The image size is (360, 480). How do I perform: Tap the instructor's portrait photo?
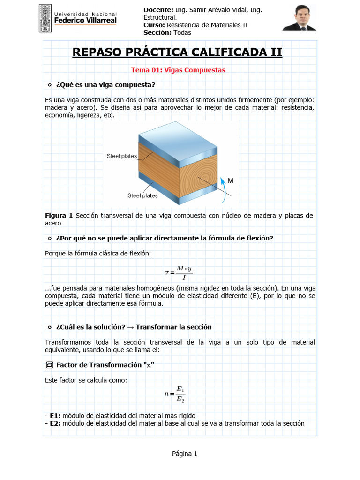pos(300,18)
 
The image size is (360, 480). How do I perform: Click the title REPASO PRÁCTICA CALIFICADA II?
pos(177,52)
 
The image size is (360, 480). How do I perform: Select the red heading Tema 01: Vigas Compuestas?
pos(178,70)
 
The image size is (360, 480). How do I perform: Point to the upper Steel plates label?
pos(121,156)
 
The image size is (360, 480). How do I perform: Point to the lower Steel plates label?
pos(142,195)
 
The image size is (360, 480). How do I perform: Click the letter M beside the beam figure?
pos(231,180)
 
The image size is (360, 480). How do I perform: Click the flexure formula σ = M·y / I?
pos(178,272)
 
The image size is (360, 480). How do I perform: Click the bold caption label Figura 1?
pos(59,216)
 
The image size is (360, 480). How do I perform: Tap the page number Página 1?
pos(185,454)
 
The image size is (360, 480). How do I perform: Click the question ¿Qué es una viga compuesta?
pos(105,85)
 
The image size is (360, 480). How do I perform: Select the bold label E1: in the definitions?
pos(55,416)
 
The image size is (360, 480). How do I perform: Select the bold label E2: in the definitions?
pos(55,423)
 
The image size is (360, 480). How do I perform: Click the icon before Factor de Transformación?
pos(49,365)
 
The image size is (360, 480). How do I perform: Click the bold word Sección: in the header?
pos(158,32)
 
